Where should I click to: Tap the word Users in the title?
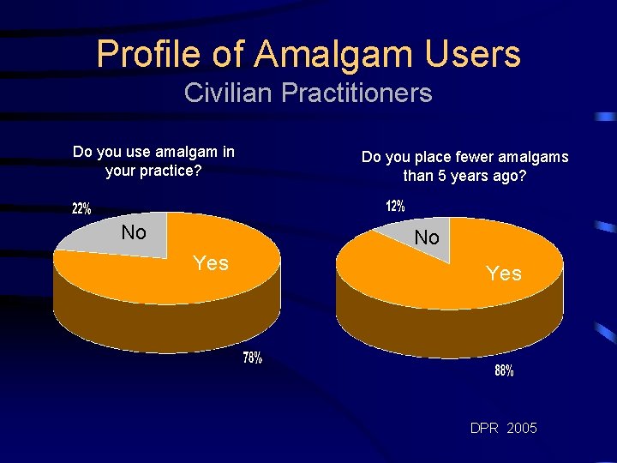[472, 53]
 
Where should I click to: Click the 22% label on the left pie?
[81, 208]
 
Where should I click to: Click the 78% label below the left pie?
[253, 358]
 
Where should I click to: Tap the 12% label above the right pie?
[395, 207]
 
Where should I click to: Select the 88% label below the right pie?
[504, 371]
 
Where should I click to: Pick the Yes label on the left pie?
[211, 263]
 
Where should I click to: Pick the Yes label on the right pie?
[503, 274]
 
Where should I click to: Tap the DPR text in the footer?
[484, 427]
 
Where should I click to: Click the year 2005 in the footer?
[522, 427]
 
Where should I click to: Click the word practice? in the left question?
[170, 171]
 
